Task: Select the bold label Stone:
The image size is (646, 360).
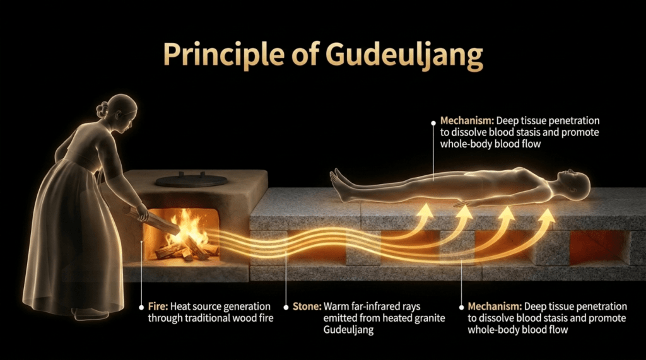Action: (307, 306)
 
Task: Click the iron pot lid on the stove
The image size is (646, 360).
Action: (192, 180)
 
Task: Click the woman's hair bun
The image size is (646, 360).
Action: (103, 109)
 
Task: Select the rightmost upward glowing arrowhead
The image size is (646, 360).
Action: (547, 216)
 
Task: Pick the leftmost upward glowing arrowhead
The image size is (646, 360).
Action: (426, 211)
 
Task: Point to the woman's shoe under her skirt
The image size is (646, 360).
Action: (89, 313)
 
